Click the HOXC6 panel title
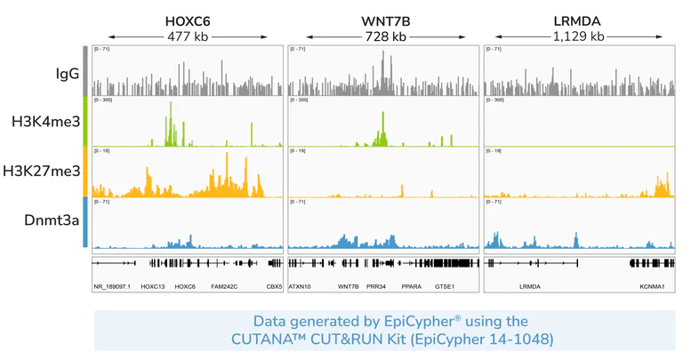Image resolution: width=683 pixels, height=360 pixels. click(x=188, y=20)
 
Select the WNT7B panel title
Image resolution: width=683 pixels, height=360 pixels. click(x=385, y=20)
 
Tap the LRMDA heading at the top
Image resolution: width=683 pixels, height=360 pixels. click(x=577, y=20)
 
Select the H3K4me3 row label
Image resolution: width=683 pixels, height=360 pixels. click(x=45, y=122)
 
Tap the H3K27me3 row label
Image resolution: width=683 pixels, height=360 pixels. click(x=42, y=172)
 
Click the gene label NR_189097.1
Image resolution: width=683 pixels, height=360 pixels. click(x=112, y=287)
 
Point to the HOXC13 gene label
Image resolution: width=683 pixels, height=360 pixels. click(x=153, y=287)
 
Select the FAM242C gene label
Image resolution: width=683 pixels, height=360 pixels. click(x=224, y=287)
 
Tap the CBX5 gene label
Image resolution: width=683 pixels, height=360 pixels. click(x=274, y=287)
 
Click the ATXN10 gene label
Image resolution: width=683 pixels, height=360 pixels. click(x=300, y=287)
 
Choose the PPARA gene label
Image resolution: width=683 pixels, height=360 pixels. click(x=411, y=287)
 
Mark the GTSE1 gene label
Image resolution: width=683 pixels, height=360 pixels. click(x=444, y=287)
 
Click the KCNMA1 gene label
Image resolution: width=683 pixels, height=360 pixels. click(x=652, y=287)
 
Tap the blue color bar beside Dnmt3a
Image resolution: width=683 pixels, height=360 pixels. click(x=85, y=222)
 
